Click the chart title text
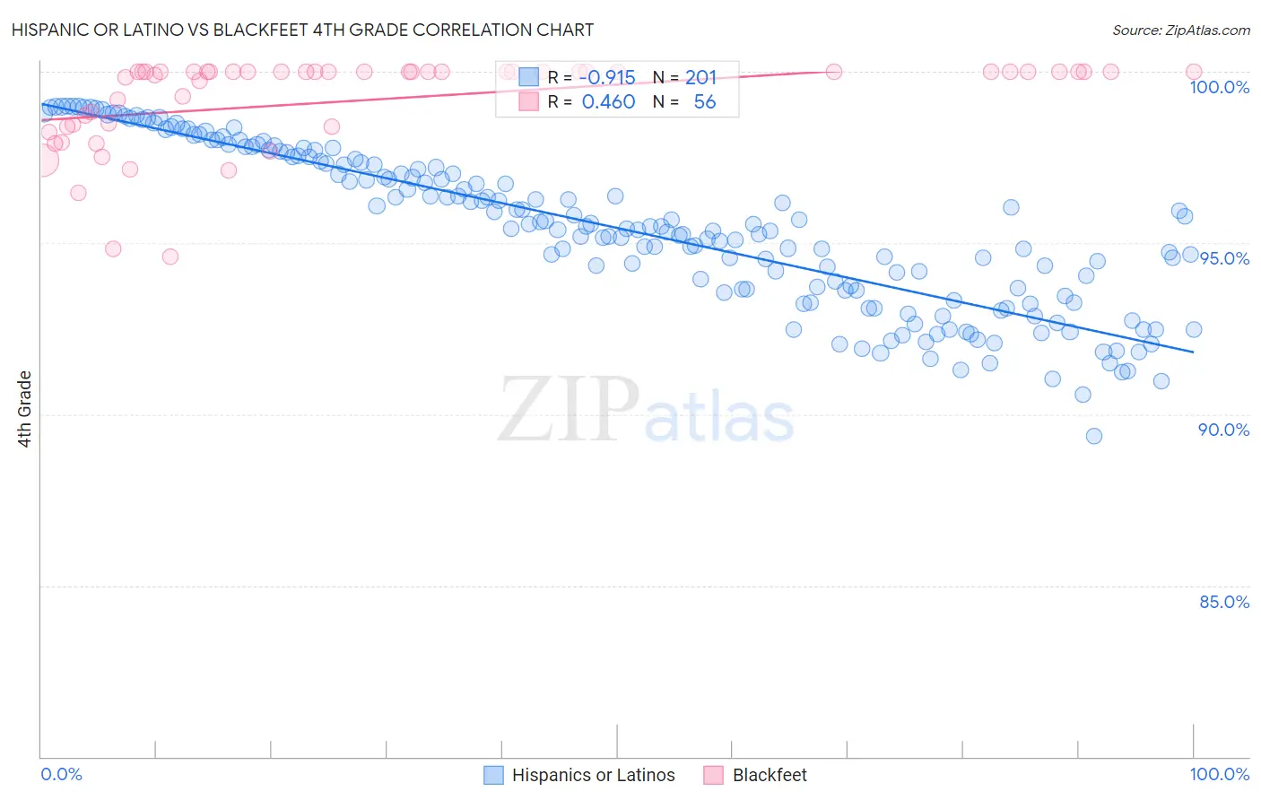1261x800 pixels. [303, 30]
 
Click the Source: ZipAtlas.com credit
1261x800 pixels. [1180, 30]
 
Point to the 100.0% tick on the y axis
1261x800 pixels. [1219, 87]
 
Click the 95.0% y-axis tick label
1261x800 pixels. [1224, 258]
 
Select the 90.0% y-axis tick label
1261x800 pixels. [1223, 430]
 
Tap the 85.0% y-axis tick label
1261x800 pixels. [1223, 602]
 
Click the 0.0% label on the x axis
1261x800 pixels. [61, 774]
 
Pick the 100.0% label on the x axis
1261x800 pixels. [1219, 774]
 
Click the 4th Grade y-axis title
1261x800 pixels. [24, 409]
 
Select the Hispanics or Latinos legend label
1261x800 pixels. [593, 775]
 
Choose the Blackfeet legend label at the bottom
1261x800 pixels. [770, 775]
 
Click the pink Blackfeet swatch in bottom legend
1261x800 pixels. [713, 775]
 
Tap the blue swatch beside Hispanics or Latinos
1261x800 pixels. [493, 775]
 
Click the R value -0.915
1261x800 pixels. [608, 78]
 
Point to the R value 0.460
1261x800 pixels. [608, 102]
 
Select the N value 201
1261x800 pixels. [700, 78]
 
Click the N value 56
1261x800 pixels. [704, 102]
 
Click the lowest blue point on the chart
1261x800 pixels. [1093, 436]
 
